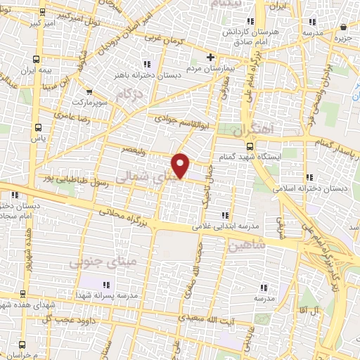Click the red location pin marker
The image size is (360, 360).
(x=181, y=165)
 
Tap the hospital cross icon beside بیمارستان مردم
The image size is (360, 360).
(x=210, y=57)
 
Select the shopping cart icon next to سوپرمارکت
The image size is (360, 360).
(x=89, y=91)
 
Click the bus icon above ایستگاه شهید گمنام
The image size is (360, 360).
(x=251, y=146)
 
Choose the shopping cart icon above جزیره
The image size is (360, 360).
(x=343, y=27)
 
